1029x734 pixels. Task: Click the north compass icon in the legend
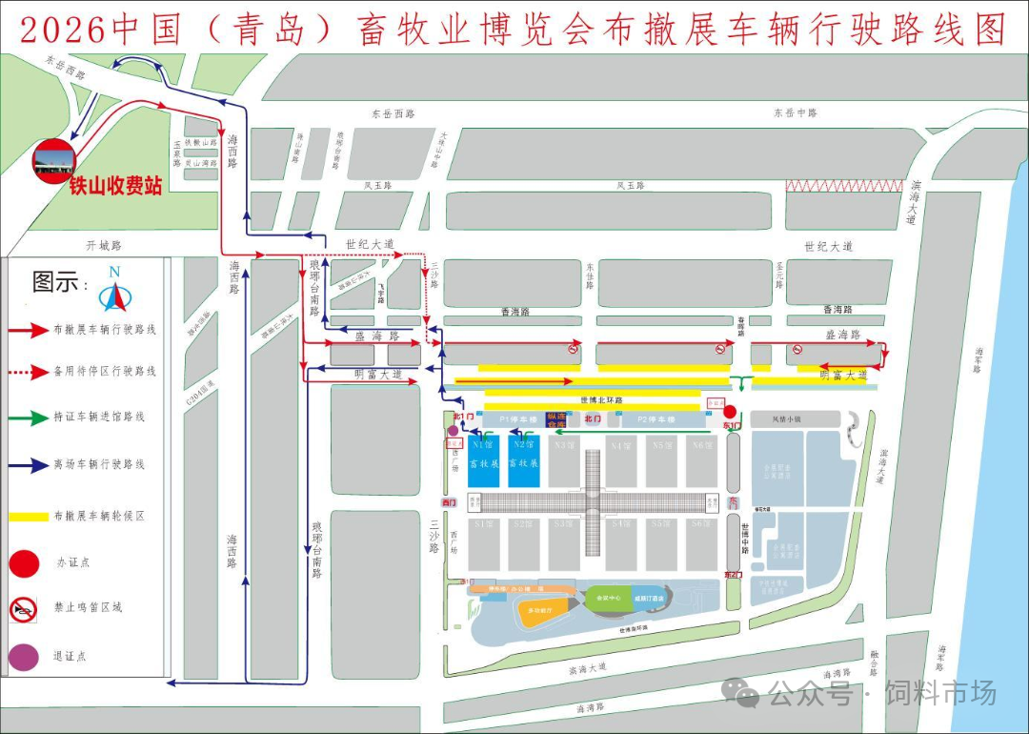tap(114, 290)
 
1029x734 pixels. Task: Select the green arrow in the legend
tap(29, 418)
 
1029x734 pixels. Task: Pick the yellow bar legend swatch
tap(29, 517)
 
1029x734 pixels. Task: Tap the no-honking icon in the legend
tap(24, 608)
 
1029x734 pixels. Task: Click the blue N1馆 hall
tap(483, 461)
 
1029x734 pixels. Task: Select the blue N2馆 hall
tap(523, 461)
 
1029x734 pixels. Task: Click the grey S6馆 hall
tap(702, 544)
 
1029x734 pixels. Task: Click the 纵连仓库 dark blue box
tap(555, 418)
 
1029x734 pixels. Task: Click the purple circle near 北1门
tap(453, 431)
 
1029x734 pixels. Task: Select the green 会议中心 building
tap(608, 598)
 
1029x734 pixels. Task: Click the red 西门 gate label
tap(449, 501)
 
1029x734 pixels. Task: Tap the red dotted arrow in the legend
tap(29, 371)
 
